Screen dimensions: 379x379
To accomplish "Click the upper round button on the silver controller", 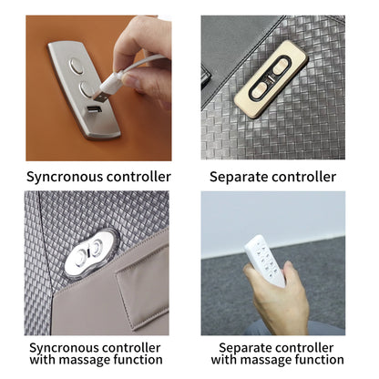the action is coord(77,66).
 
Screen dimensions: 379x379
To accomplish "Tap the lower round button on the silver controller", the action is coord(86,89).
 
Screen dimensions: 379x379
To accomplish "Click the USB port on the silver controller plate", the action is coord(94,110).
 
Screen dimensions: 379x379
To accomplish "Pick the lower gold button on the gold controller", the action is coord(260,89).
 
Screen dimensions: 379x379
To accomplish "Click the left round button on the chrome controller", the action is coord(81,257).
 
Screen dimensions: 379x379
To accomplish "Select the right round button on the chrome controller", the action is coord(97,247).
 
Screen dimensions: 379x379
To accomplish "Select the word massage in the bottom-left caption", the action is coord(85,360).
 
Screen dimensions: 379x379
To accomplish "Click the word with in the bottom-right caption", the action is coord(224,360).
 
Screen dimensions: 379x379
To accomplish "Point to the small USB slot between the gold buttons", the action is coord(270,80).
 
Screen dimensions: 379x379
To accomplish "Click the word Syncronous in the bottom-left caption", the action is coord(63,348).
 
